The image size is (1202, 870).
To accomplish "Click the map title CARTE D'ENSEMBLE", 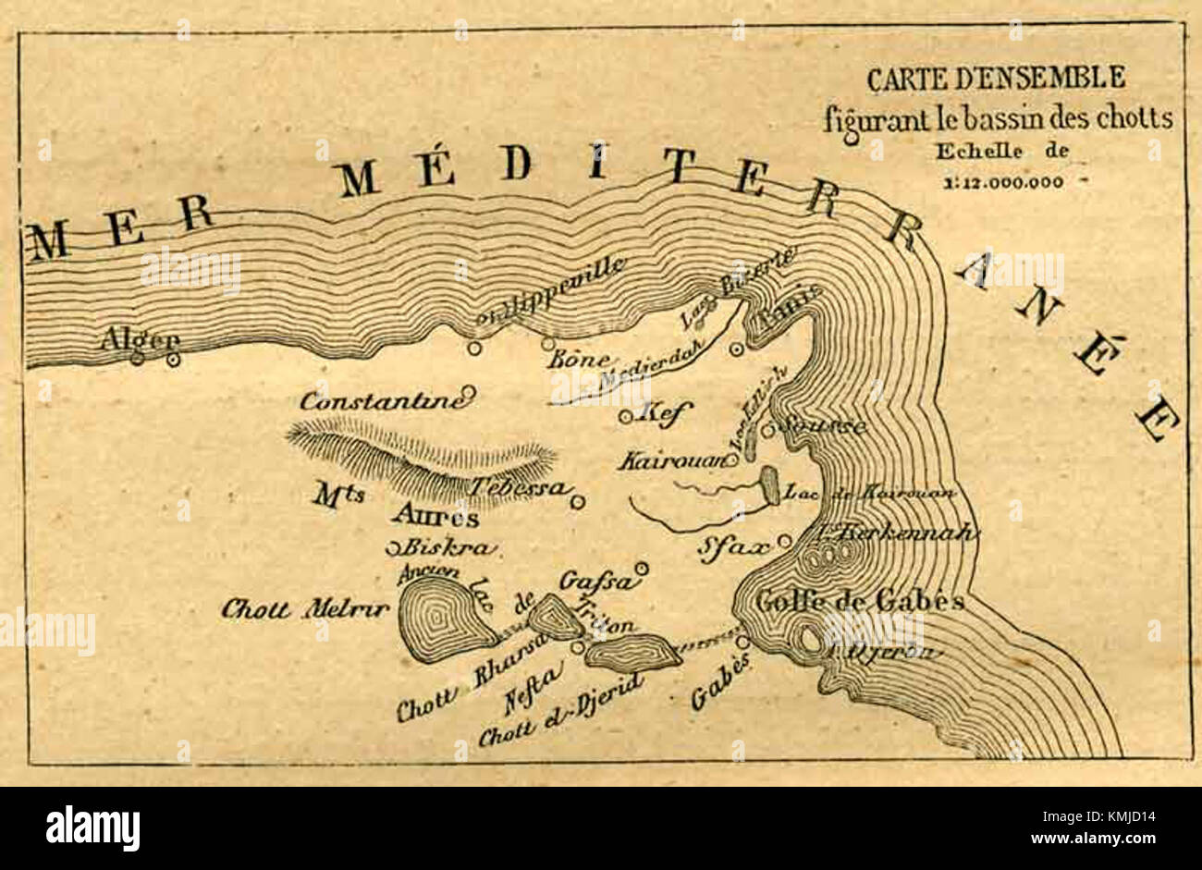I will pyautogui.click(x=995, y=79).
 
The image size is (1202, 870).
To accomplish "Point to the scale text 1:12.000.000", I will pyautogui.click(x=1003, y=182).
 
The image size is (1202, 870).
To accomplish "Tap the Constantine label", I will pyautogui.click(x=381, y=401).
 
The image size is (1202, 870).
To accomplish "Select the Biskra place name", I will pyautogui.click(x=446, y=547).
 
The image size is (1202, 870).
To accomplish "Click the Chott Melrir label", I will pyautogui.click(x=305, y=609).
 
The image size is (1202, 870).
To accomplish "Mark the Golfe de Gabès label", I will pyautogui.click(x=859, y=602).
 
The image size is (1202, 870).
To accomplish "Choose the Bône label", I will pyautogui.click(x=578, y=360).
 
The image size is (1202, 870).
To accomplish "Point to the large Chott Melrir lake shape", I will pyautogui.click(x=441, y=617).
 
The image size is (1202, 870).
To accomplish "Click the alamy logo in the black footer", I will pyautogui.click(x=92, y=827).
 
